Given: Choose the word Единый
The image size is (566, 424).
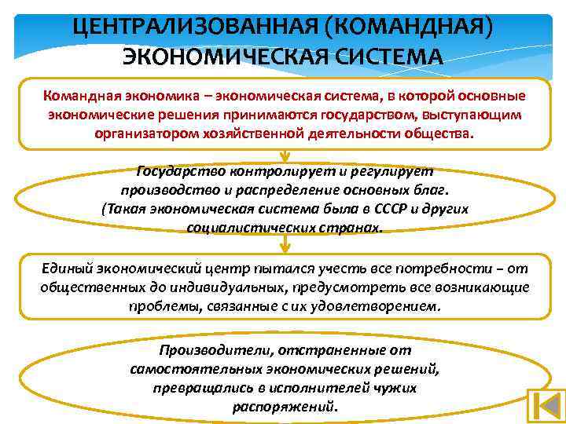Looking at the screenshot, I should [69, 267].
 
